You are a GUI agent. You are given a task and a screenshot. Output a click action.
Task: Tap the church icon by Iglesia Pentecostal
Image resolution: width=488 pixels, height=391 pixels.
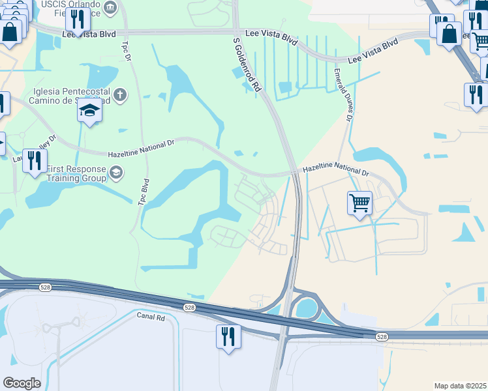pyautogui.click(x=119, y=96)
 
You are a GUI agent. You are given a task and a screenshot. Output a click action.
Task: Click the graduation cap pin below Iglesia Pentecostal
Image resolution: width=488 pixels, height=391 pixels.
pyautogui.click(x=90, y=111)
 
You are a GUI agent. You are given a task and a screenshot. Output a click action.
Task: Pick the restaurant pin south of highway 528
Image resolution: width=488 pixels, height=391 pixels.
pyautogui.click(x=228, y=338)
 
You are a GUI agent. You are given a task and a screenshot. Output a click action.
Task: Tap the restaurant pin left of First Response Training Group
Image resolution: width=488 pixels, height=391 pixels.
pyautogui.click(x=35, y=160)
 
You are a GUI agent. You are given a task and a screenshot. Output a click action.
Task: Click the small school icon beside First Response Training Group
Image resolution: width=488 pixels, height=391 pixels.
pyautogui.click(x=116, y=172)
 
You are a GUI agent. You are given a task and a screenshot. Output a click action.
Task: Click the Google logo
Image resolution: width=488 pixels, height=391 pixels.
pyautogui.click(x=22, y=383)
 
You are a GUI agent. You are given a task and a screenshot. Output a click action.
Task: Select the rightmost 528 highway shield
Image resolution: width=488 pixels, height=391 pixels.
pyautogui.click(x=382, y=336)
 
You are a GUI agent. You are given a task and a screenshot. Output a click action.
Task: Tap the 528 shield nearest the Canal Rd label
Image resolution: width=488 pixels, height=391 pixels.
pyautogui.click(x=189, y=307)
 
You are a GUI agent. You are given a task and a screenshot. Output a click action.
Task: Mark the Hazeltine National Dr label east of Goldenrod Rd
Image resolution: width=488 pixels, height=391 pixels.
pyautogui.click(x=335, y=170)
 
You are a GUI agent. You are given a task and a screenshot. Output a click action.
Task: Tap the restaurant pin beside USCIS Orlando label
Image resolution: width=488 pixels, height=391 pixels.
pyautogui.click(x=78, y=21)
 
